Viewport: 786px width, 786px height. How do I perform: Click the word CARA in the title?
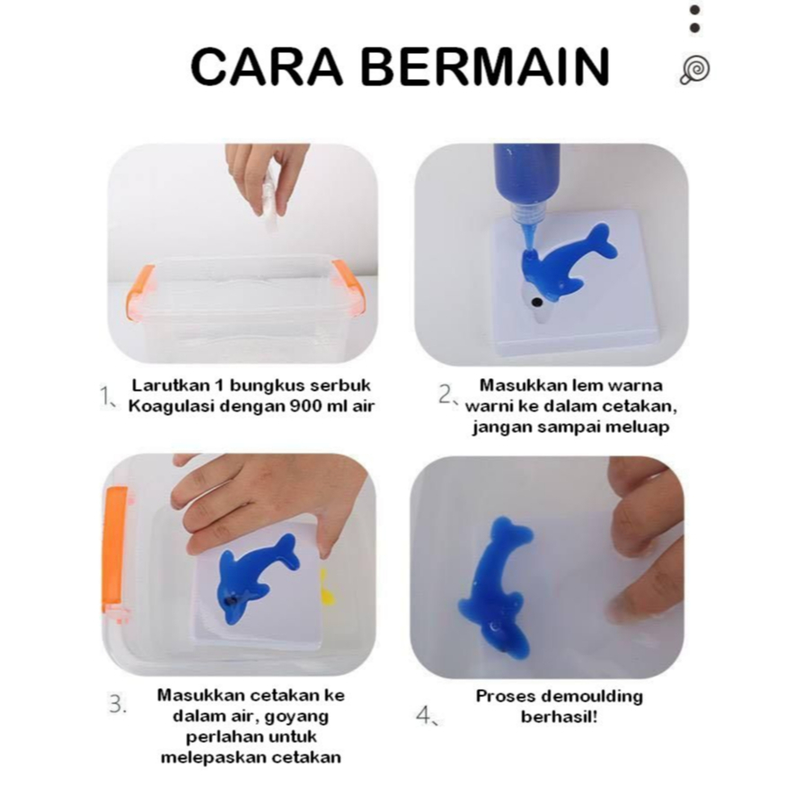(x=267, y=66)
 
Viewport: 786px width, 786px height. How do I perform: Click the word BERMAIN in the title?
(x=486, y=66)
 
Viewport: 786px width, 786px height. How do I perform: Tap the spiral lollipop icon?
(x=694, y=70)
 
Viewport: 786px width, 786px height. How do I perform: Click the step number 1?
(x=106, y=396)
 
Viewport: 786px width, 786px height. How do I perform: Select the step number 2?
(x=446, y=394)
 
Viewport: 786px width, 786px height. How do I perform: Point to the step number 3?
(x=118, y=703)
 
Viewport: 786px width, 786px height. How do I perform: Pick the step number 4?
(x=426, y=715)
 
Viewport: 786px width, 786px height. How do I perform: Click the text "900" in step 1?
(x=305, y=406)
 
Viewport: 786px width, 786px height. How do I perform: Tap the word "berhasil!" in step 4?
(x=560, y=717)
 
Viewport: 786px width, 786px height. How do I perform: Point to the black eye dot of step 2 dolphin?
(x=537, y=302)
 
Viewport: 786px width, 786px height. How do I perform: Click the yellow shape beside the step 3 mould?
(x=327, y=587)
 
